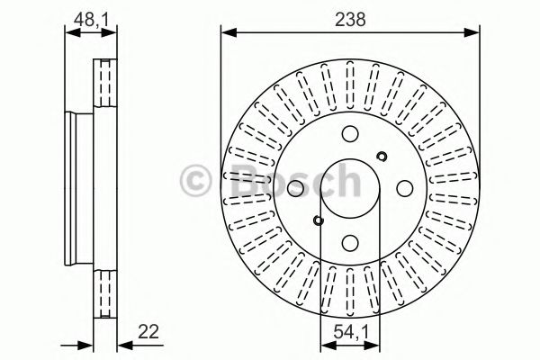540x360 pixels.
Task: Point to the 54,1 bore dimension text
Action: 349,332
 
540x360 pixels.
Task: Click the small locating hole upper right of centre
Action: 382,157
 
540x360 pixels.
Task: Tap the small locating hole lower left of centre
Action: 317,220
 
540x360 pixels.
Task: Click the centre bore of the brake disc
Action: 349,188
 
